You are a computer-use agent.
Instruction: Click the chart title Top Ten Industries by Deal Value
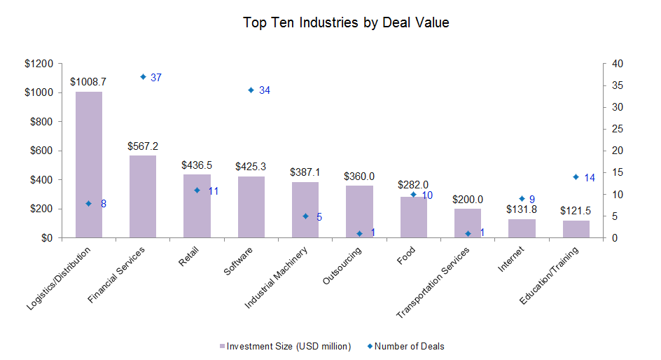pyautogui.click(x=346, y=22)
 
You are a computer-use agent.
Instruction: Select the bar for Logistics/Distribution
pyautogui.click(x=89, y=165)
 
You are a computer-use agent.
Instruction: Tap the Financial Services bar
pyautogui.click(x=143, y=197)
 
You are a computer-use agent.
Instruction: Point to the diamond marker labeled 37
pyautogui.click(x=143, y=77)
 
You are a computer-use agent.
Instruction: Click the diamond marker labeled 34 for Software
pyautogui.click(x=251, y=90)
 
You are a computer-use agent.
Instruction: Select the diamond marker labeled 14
pyautogui.click(x=576, y=177)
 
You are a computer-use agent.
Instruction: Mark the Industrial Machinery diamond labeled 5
pyautogui.click(x=305, y=216)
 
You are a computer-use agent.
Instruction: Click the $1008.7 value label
pyautogui.click(x=89, y=82)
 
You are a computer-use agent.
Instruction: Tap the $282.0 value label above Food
pyautogui.click(x=413, y=185)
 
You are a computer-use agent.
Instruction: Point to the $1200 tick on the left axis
pyautogui.click(x=39, y=64)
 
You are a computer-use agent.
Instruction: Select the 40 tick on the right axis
pyautogui.click(x=617, y=64)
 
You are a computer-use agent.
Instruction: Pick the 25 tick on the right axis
pyautogui.click(x=617, y=129)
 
